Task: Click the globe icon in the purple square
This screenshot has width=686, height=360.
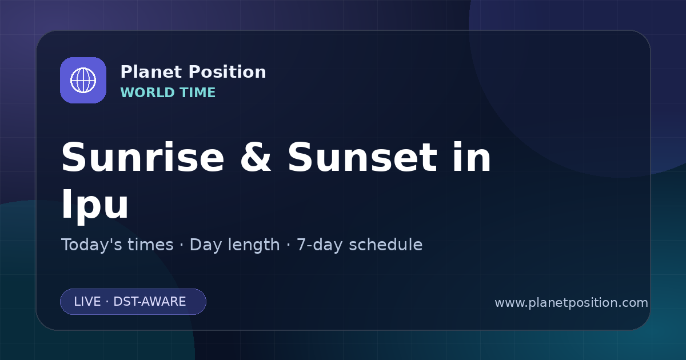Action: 83,80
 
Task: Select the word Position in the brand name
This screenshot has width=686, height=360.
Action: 228,72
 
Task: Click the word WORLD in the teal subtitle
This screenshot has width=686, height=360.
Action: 147,93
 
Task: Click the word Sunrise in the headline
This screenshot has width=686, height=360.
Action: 143,157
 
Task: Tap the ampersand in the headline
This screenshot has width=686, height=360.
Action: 256,157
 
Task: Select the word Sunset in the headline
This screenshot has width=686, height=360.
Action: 362,157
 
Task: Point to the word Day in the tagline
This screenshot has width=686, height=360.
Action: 206,245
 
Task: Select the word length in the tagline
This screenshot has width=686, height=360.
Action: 253,245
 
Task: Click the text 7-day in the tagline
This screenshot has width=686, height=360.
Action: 320,245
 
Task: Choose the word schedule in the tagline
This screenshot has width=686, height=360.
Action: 386,245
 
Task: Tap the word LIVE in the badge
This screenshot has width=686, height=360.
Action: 87,302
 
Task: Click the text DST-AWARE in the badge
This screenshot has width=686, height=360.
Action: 149,302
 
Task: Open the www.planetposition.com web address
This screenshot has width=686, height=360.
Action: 571,303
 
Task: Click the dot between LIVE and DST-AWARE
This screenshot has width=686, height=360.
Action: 107,302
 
